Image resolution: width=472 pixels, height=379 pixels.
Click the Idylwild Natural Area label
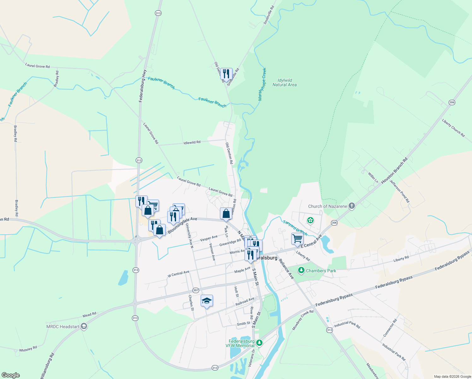tap(284, 82)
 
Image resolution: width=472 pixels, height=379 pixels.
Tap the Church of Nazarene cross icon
tap(352, 206)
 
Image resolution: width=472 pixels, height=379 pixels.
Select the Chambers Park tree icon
tap(301, 270)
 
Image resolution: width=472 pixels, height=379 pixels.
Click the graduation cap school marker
tap(207, 301)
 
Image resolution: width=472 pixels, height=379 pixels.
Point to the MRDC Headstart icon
tap(84, 326)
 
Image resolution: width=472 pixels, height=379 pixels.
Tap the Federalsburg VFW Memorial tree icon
tap(259, 343)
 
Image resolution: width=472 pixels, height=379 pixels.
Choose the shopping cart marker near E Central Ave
tap(297, 239)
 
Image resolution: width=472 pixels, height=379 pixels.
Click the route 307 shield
tap(196, 290)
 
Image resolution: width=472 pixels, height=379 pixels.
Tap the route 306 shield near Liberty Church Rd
tap(452, 102)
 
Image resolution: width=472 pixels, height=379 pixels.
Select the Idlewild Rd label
tap(192, 143)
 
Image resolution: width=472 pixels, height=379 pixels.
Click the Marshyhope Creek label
tap(262, 84)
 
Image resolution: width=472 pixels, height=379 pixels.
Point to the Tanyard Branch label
tap(295, 228)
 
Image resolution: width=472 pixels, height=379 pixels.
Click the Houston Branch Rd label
tap(394, 171)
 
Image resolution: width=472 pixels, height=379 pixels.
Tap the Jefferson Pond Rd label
tap(399, 191)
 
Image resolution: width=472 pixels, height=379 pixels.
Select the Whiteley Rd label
tap(28, 349)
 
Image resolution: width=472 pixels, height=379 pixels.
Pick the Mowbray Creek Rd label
tap(303, 320)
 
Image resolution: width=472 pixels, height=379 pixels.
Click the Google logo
tap(11, 375)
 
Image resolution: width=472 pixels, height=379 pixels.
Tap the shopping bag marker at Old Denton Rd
tap(226, 214)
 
